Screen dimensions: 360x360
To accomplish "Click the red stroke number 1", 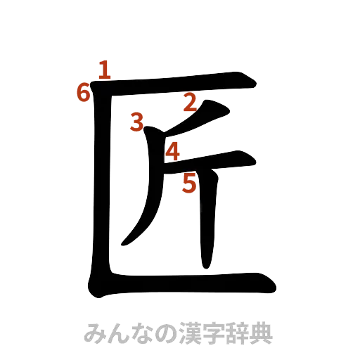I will pos(104,70).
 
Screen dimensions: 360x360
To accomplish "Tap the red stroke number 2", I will pos(188,103).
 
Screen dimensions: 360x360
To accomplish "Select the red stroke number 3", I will pos(138,123).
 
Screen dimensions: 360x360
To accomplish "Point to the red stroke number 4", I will pos(172,150).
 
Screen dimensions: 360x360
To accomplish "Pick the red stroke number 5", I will pos(188,184).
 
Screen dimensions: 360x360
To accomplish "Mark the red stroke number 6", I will pos(84,92).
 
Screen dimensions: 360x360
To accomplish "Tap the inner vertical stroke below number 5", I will pos(208,225).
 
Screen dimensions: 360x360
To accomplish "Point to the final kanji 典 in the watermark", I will pos(259,333).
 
